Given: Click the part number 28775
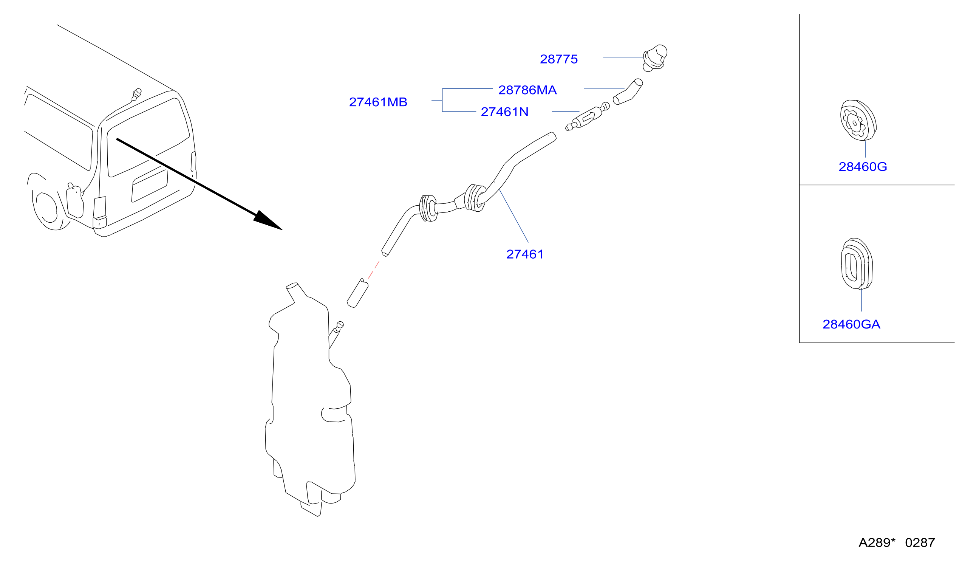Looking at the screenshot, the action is tap(558, 59).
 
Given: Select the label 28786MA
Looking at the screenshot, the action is tap(527, 90).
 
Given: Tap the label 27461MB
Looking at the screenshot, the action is tap(378, 102).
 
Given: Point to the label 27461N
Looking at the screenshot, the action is tap(504, 112).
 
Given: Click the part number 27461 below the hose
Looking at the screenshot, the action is tap(524, 254).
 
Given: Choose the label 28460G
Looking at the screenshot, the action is tap(863, 167).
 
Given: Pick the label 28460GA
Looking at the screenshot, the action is tap(851, 324).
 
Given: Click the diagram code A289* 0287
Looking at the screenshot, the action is tap(897, 542).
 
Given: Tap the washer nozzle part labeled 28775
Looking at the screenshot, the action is tap(655, 58).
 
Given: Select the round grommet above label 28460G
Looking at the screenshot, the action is tap(858, 120).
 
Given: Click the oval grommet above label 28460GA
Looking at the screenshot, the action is tap(857, 263).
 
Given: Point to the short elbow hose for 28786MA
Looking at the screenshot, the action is tap(628, 93).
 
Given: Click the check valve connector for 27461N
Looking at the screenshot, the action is tap(588, 116).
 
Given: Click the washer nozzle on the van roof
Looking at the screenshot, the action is tap(136, 95).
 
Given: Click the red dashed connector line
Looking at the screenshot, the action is tap(374, 270).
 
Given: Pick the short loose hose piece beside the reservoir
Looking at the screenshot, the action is tap(358, 293).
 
